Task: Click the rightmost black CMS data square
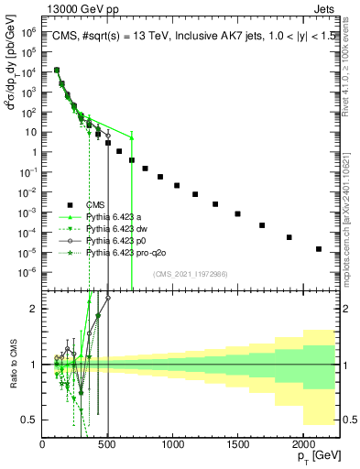click(319, 248)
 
